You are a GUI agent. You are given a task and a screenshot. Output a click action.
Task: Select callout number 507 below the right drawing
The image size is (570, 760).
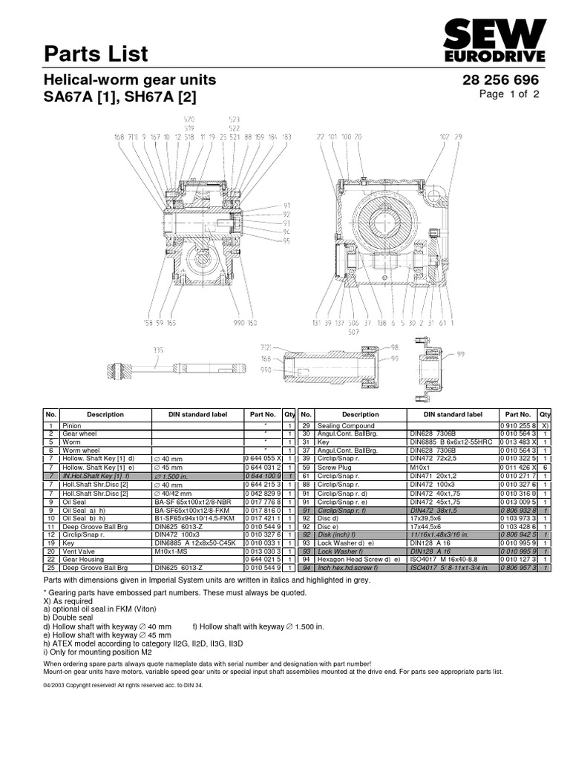tap(353, 332)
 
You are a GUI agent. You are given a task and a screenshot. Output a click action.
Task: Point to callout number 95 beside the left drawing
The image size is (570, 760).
tap(286, 240)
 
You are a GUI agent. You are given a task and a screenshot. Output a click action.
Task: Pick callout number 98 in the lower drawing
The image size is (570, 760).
tap(394, 347)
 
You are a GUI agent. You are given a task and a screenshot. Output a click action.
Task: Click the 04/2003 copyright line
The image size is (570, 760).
tap(123, 686)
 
